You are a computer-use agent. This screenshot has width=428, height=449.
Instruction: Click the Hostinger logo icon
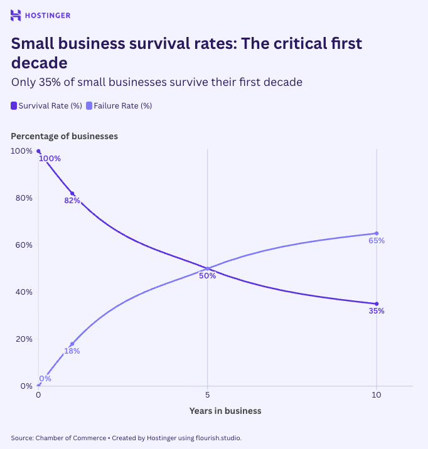click(x=16, y=15)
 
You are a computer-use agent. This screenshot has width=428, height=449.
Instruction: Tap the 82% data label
click(x=72, y=201)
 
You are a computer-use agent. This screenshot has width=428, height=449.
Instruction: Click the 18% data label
click(x=72, y=351)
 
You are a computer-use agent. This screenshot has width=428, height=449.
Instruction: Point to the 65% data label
click(x=377, y=241)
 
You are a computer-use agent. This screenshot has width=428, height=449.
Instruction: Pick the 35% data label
click(x=377, y=311)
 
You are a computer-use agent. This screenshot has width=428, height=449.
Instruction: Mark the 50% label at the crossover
click(x=208, y=276)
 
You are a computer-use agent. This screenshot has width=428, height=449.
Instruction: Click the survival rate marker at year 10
click(x=377, y=304)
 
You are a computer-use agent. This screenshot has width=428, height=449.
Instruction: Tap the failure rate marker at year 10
click(x=377, y=233)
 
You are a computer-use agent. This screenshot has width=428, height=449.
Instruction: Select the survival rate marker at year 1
click(x=72, y=194)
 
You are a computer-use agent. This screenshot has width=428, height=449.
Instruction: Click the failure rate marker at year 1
click(x=72, y=344)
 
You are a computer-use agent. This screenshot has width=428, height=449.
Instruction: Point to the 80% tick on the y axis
click(x=24, y=198)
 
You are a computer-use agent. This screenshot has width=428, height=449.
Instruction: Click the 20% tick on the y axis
click(x=24, y=339)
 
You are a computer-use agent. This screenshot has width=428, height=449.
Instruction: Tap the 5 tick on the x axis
click(x=207, y=396)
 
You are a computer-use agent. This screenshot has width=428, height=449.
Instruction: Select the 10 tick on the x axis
click(x=377, y=396)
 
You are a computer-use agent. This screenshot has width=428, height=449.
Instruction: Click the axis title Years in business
click(x=225, y=411)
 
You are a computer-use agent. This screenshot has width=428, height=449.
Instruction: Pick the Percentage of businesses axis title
click(x=65, y=135)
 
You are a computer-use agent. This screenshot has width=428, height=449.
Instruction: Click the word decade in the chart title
click(x=40, y=63)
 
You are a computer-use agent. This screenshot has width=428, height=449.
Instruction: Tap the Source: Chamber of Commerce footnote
click(x=58, y=438)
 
